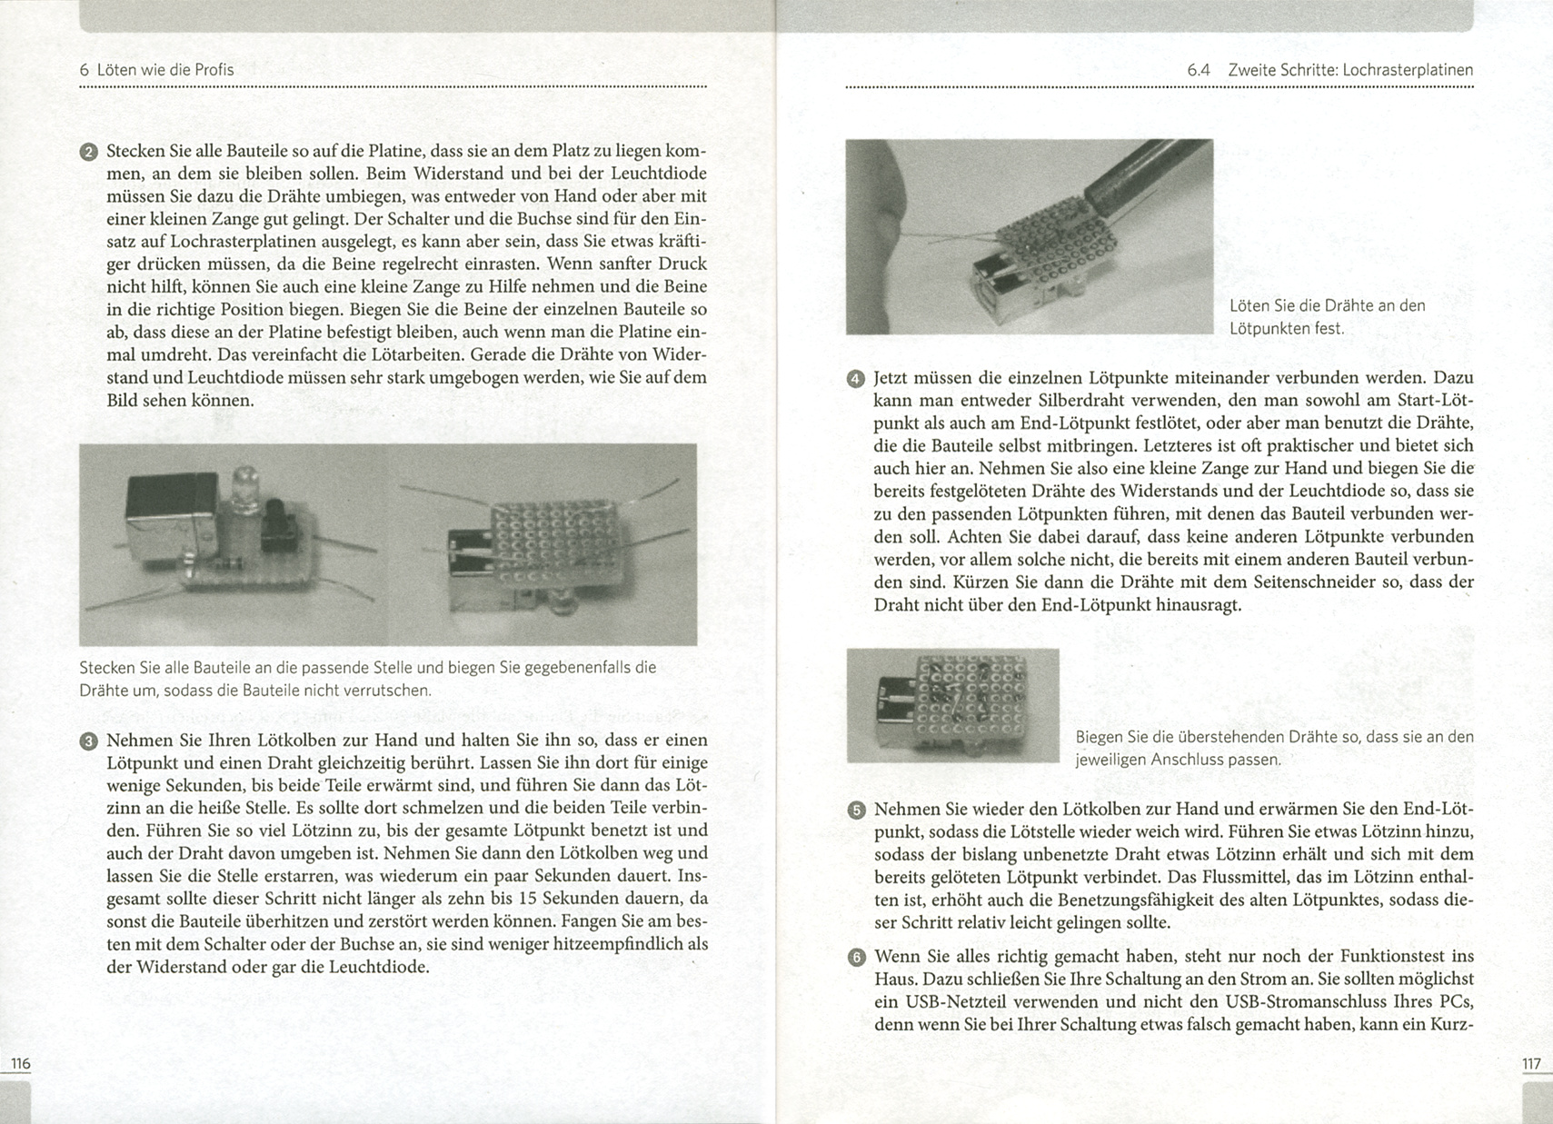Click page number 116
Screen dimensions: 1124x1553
pyautogui.click(x=20, y=1063)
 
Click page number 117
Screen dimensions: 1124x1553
pyautogui.click(x=1531, y=1063)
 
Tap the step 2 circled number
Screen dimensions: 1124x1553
pyautogui.click(x=88, y=152)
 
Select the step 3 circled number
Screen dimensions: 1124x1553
pyautogui.click(x=88, y=741)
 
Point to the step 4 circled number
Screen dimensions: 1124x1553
pyautogui.click(x=855, y=379)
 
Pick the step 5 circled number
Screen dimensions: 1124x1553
pyautogui.click(x=855, y=811)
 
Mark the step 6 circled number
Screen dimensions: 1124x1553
pyautogui.click(x=855, y=958)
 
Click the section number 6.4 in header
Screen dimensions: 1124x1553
pyautogui.click(x=1199, y=70)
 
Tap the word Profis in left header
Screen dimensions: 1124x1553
pyautogui.click(x=214, y=70)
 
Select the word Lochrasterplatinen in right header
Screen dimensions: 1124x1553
pyautogui.click(x=1408, y=70)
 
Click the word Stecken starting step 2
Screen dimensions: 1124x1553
pyautogui.click(x=135, y=151)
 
